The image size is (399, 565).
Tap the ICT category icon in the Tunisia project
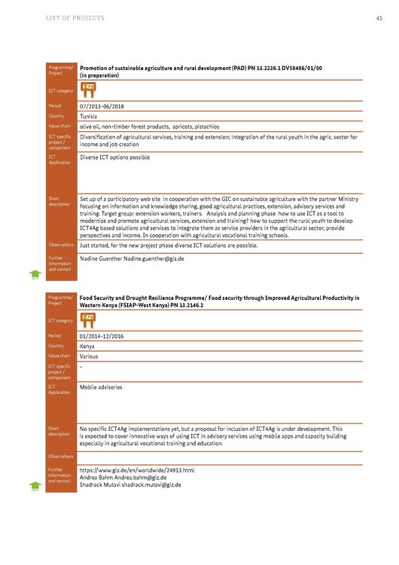pos(88,90)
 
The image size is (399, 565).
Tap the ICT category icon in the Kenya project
pos(88,320)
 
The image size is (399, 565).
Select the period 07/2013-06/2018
pos(105,106)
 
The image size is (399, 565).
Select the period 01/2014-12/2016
pos(105,335)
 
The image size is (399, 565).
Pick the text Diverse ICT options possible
pos(114,157)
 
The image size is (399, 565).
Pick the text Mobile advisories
pos(101,387)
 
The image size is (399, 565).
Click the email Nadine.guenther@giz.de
pos(154,258)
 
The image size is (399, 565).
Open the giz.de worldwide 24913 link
pos(137,470)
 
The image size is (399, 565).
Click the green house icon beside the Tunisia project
pos(35,276)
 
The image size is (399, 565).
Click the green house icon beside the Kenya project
pos(35,487)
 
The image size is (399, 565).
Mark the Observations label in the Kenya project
pos(61,457)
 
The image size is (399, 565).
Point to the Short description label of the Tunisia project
pos(59,201)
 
